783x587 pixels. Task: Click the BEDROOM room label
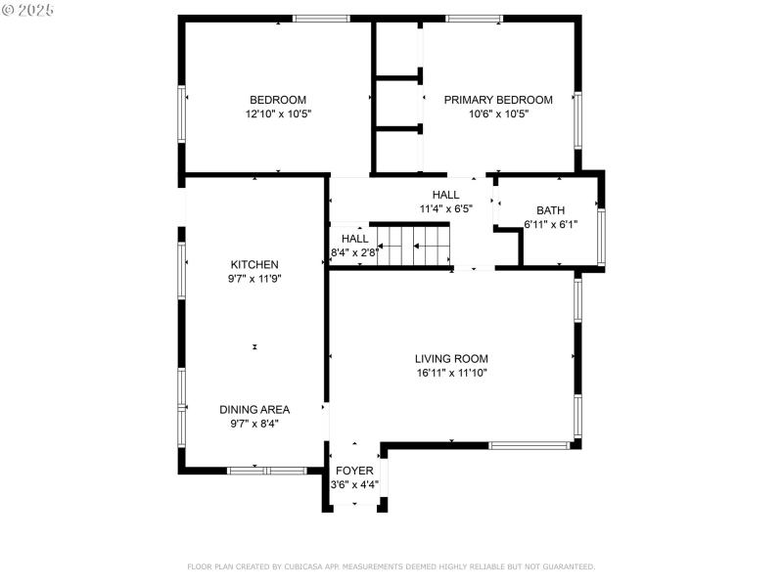[278, 100]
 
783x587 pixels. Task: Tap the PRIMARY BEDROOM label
[498, 100]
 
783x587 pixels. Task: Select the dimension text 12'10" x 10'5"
[278, 113]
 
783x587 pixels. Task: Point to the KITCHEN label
[254, 264]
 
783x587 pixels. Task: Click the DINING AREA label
[254, 409]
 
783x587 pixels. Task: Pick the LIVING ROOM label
[451, 358]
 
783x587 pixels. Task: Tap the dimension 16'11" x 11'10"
[451, 372]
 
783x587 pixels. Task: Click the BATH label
[550, 210]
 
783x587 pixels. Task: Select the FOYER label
[355, 470]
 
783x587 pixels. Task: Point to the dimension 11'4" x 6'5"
[445, 208]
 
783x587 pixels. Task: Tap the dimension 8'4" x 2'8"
[354, 252]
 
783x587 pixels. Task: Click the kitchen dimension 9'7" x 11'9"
[254, 278]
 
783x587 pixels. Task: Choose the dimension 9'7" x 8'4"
[254, 423]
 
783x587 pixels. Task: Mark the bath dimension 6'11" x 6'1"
[550, 224]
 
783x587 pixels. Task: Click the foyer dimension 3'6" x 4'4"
[355, 483]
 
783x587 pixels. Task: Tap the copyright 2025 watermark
[28, 9]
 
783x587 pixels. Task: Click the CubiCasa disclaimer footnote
[391, 566]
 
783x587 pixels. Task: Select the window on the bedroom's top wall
[321, 18]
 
